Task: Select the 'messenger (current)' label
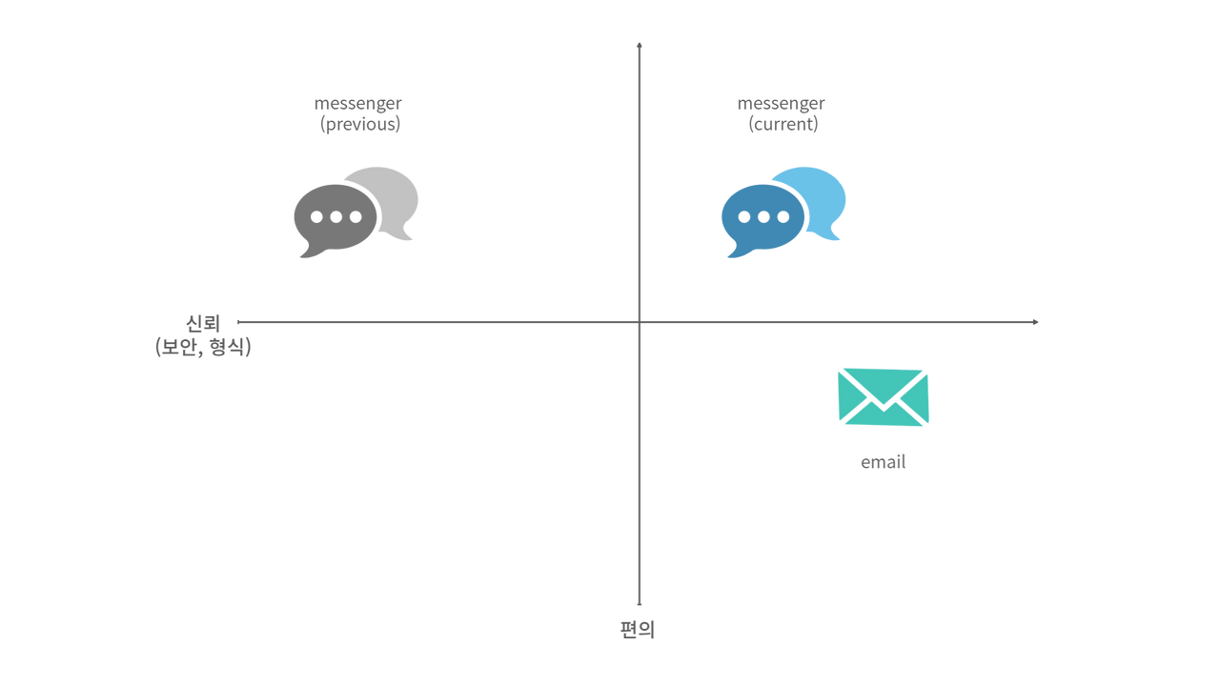click(x=783, y=114)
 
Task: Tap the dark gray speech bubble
click(x=334, y=217)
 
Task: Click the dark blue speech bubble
click(x=761, y=217)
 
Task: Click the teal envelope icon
click(x=884, y=397)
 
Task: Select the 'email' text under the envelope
click(x=884, y=463)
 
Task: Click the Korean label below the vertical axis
click(x=638, y=630)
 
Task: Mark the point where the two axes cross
click(x=639, y=322)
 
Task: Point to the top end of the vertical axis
click(x=639, y=44)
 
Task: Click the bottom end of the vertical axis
click(x=639, y=602)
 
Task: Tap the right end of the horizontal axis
click(x=1035, y=322)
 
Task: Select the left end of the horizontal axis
click(x=238, y=322)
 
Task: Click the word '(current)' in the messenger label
click(x=783, y=125)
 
